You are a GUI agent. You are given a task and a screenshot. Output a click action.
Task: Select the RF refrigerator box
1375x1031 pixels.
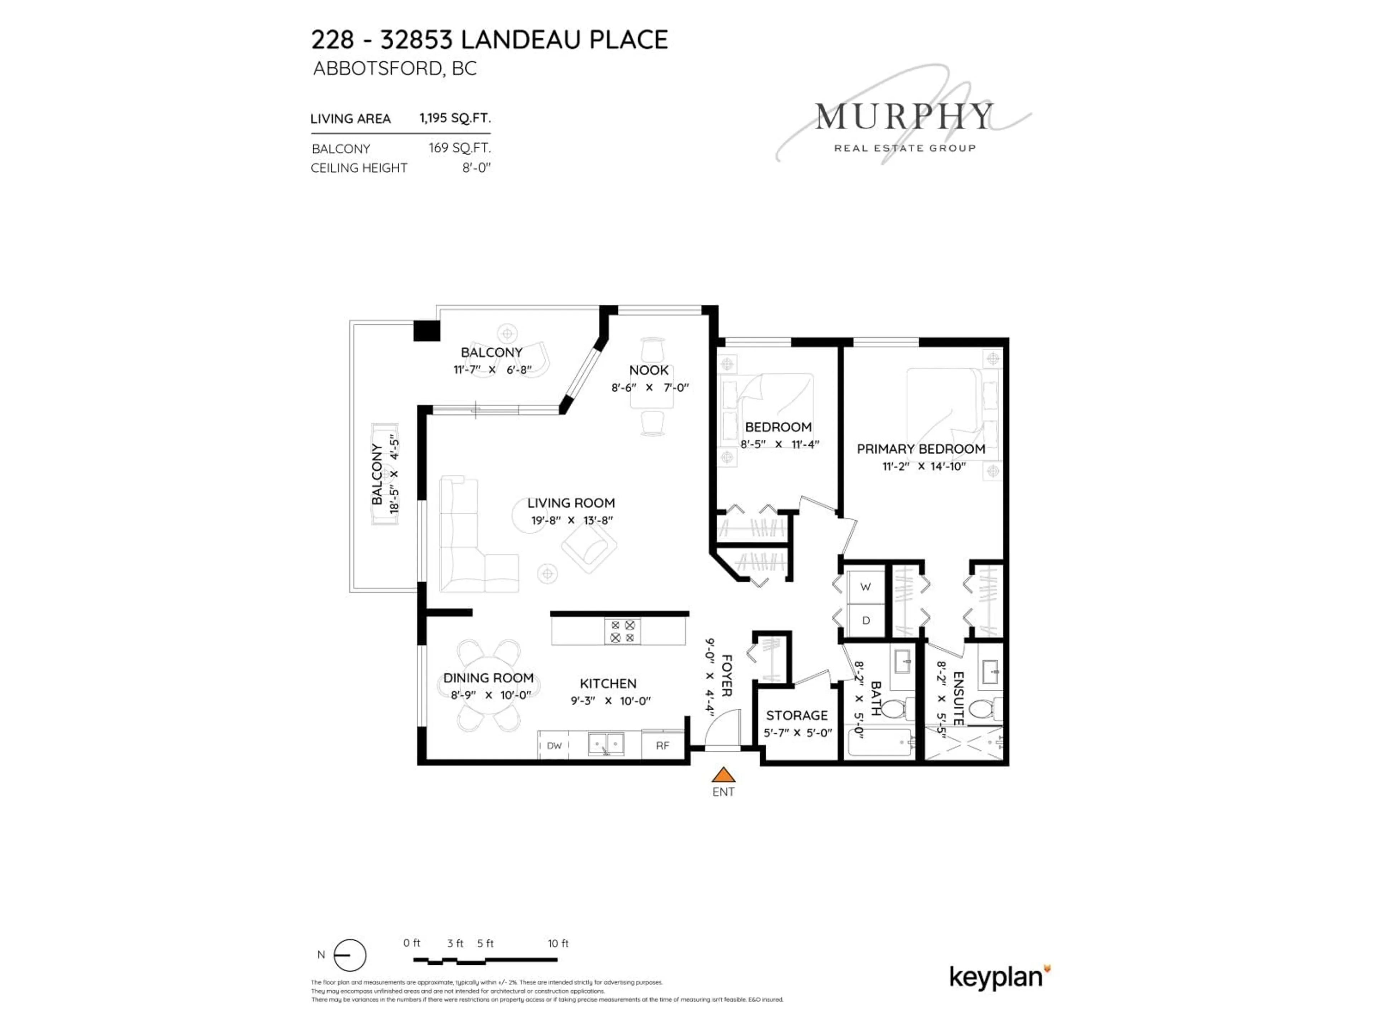663,745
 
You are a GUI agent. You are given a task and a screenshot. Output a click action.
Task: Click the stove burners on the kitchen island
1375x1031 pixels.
622,631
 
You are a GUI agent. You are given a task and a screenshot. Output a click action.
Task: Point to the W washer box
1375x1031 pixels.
865,587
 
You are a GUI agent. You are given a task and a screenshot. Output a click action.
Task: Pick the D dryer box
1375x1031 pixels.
865,620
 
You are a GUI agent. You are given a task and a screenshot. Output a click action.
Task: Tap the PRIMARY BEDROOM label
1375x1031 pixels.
921,449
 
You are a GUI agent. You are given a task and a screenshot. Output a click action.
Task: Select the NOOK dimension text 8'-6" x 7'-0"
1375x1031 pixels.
650,388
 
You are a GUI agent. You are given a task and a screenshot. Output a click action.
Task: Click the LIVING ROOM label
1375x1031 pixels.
571,503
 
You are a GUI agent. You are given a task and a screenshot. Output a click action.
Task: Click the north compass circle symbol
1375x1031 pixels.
349,955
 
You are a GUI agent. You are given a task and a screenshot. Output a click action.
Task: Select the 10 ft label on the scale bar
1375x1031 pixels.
558,943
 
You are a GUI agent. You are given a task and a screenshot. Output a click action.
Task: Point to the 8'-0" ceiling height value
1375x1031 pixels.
476,168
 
